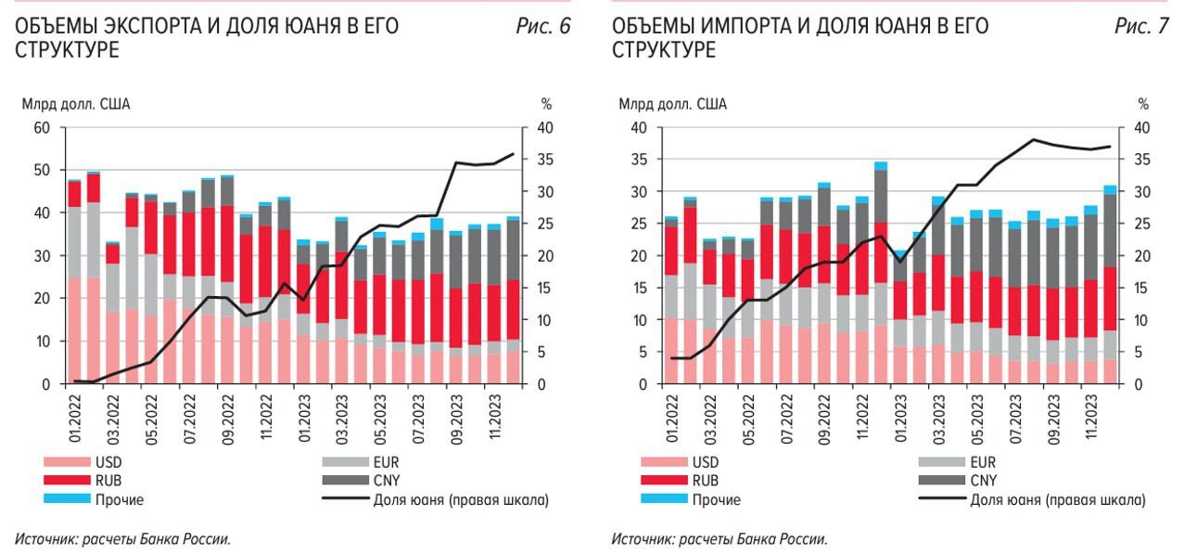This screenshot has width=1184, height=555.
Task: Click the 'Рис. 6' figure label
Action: pos(543,27)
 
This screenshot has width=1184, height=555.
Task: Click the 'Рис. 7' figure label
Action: pos(1141,27)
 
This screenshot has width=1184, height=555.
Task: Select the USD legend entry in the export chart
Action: pos(109,461)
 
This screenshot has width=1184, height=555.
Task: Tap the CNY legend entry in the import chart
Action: pos(984,480)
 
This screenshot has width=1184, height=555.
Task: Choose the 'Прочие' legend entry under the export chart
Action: pos(119,499)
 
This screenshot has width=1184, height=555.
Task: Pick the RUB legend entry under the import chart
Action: pos(706,480)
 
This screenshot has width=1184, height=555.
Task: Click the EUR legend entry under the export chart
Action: pos(386,461)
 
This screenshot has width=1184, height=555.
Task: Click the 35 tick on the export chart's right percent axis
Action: pos(546,160)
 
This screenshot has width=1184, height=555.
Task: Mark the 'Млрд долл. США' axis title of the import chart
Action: pos(673,104)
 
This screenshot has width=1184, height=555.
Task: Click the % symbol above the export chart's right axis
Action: pos(545,104)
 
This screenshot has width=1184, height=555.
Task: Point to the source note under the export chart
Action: pos(122,539)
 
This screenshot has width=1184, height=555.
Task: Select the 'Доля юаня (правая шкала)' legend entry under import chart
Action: pos(1057,499)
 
